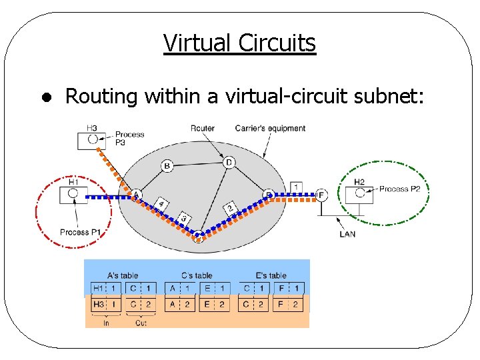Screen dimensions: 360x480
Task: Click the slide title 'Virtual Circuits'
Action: coord(239,43)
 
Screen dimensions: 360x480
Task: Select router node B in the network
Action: coord(167,165)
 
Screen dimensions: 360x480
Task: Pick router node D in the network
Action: coord(229,162)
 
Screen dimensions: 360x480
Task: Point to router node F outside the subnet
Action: coord(321,195)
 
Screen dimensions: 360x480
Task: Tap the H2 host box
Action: coord(359,194)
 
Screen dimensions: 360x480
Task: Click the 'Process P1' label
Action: coord(79,232)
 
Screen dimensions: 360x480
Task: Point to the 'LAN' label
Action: coord(347,234)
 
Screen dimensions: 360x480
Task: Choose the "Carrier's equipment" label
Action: coord(270,128)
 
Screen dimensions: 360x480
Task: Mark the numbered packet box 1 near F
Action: coord(296,187)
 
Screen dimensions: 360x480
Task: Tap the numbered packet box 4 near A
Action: coord(161,203)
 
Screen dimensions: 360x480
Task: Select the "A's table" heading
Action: coord(123,275)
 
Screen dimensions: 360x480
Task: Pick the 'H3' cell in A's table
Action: coord(99,304)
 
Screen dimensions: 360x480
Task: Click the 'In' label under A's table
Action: coord(106,323)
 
